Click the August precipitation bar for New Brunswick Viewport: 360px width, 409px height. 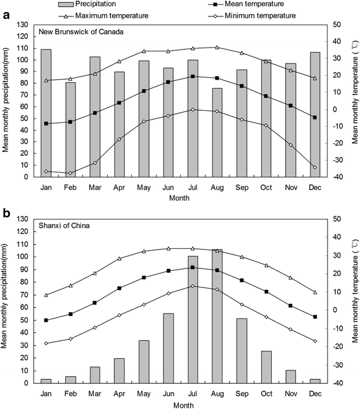tap(217, 132)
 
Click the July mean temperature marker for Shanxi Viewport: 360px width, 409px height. tap(193, 267)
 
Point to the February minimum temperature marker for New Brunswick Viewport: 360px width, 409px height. tap(70, 173)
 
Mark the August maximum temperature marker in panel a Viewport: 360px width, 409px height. tap(217, 47)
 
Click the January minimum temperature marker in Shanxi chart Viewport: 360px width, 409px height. tap(46, 343)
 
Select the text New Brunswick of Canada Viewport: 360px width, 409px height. tap(79, 32)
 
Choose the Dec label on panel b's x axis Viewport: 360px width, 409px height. tap(315, 393)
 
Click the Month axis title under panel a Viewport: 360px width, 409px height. tap(180, 198)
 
